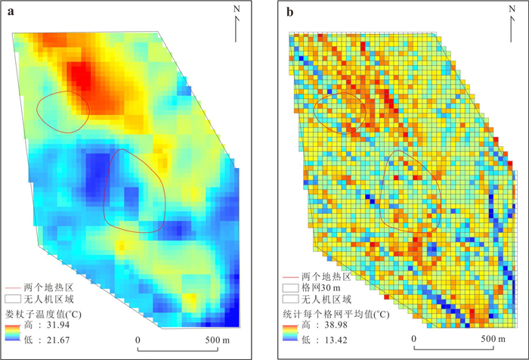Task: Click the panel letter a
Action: pyautogui.click(x=11, y=12)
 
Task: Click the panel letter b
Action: pyautogui.click(x=289, y=12)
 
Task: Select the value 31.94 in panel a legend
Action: pyautogui.click(x=58, y=325)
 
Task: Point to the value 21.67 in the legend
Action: pyautogui.click(x=58, y=340)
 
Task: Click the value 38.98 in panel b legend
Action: pyautogui.click(x=336, y=325)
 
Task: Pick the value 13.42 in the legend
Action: pyautogui.click(x=336, y=340)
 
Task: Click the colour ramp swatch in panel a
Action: pyautogui.click(x=13, y=333)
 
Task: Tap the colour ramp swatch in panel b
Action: pyautogui.click(x=290, y=333)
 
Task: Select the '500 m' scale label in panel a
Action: pyautogui.click(x=218, y=340)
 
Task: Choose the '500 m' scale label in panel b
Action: pyautogui.click(x=493, y=339)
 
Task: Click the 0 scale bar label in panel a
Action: pyautogui.click(x=138, y=340)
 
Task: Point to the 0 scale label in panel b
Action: pyautogui.click(x=414, y=339)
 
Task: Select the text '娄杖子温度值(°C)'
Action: pyautogui.click(x=43, y=314)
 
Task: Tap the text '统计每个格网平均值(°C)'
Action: pyautogui.click(x=336, y=314)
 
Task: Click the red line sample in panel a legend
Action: pyautogui.click(x=13, y=288)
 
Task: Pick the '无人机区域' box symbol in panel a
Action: pyautogui.click(x=13, y=299)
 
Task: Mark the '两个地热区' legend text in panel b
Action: pyautogui.click(x=326, y=277)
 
